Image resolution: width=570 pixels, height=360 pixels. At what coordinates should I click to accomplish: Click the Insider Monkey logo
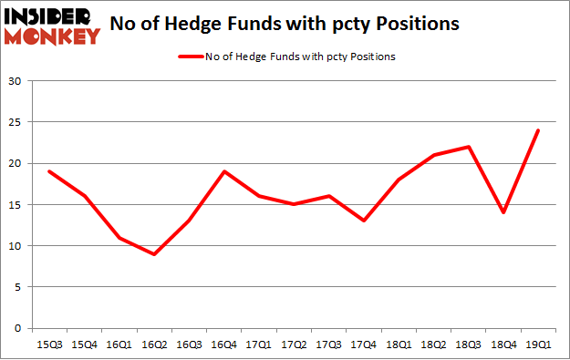52,25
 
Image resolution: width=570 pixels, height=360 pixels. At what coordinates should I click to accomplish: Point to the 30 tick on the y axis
16,81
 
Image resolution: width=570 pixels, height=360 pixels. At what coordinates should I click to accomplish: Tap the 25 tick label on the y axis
16,122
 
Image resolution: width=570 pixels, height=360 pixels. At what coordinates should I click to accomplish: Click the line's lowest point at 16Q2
154,254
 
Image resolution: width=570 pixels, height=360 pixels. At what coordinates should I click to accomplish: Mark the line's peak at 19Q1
537,130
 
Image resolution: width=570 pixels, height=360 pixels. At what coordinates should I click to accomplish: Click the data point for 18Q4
503,212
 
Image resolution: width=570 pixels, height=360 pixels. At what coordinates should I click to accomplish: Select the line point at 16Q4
223,171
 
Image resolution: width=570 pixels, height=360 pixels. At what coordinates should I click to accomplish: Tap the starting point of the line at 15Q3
49,171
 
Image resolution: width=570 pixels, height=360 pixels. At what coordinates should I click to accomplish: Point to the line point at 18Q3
468,147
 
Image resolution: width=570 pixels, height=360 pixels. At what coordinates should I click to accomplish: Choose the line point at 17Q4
363,221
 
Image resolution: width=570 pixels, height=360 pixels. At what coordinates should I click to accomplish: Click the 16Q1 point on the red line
119,238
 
